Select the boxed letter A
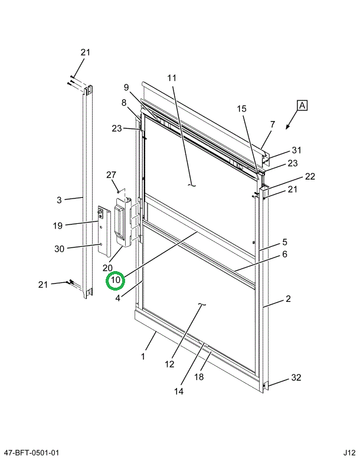[302, 106]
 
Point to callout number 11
[172, 78]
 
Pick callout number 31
[296, 149]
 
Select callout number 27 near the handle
[112, 174]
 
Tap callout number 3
[59, 200]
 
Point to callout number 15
[242, 109]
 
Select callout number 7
[273, 124]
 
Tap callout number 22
[310, 176]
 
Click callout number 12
[169, 364]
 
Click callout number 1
[142, 357]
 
